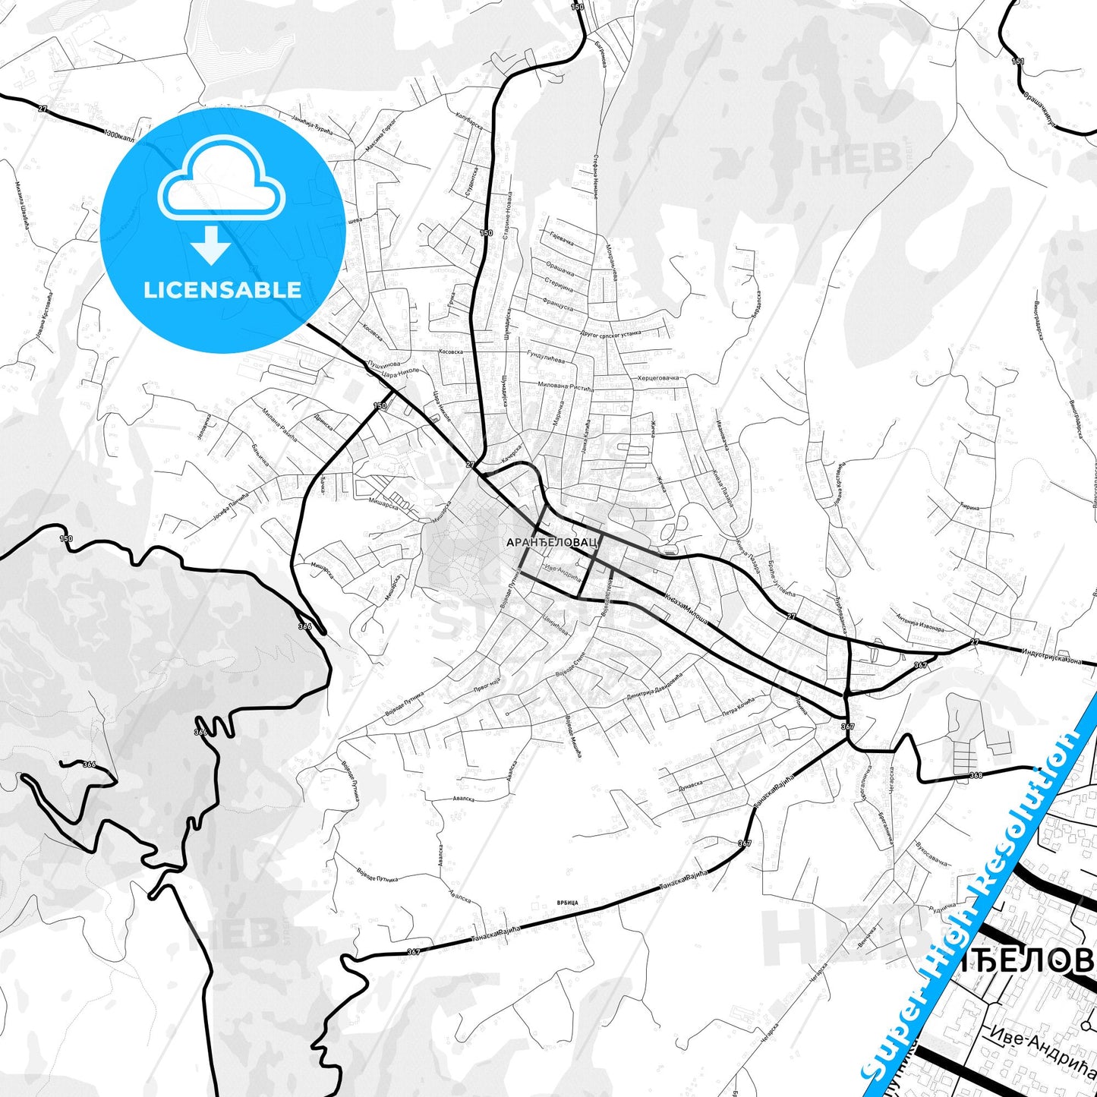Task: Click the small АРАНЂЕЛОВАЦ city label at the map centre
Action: click(553, 543)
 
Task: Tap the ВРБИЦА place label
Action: click(567, 903)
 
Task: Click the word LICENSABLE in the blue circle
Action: click(222, 290)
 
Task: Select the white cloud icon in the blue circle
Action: click(222, 179)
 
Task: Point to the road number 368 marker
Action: click(976, 775)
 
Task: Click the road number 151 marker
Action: click(1018, 61)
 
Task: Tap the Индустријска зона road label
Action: click(1051, 656)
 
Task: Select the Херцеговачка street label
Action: click(658, 377)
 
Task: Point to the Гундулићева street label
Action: click(546, 358)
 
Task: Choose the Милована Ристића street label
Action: click(566, 386)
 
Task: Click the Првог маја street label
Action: click(487, 683)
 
